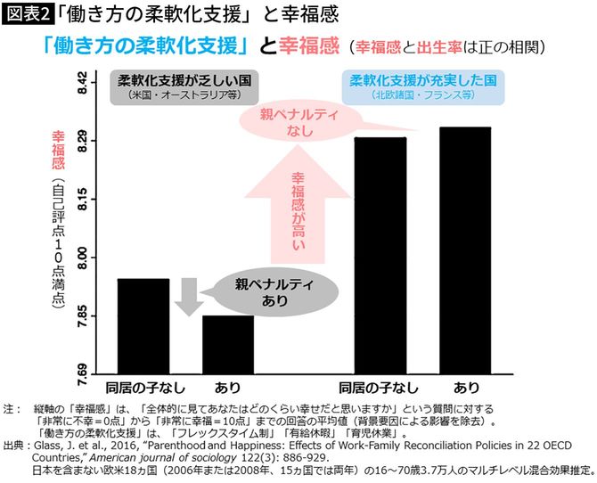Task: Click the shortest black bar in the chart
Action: (228, 343)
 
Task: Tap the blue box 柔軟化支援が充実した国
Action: (421, 86)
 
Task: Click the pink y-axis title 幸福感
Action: (60, 149)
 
